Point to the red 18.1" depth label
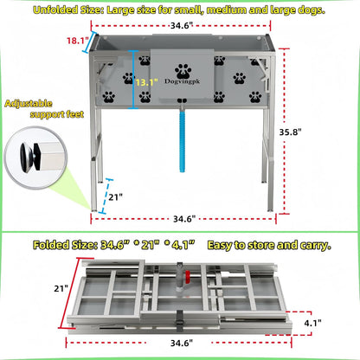click(75, 41)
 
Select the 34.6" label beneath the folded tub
click(182, 344)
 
